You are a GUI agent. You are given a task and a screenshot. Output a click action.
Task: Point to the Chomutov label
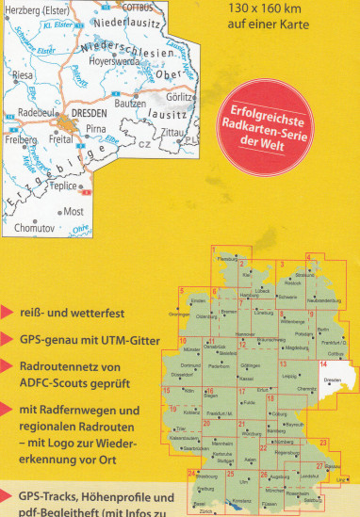35,228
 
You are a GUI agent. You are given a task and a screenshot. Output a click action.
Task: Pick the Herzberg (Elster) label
33,8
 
